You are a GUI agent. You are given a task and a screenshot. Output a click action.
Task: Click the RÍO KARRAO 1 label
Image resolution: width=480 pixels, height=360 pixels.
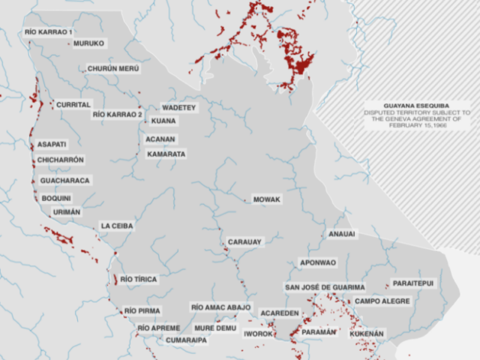(49, 32)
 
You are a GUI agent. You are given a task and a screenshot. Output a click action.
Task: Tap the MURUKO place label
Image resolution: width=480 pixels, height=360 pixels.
(88, 43)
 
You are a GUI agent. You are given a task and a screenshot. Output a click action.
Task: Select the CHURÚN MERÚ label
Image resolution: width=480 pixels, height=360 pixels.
(113, 68)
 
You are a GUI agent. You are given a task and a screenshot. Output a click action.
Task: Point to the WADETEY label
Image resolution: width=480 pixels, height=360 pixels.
(178, 108)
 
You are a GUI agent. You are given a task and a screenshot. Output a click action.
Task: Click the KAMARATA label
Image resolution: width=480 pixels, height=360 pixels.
(166, 154)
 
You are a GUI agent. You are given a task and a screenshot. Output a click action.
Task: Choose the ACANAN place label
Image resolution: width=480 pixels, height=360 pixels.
(160, 139)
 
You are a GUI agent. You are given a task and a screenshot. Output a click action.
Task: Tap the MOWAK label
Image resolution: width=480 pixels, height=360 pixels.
(266, 199)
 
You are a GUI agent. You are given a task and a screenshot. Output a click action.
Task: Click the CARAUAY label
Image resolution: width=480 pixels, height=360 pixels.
(244, 242)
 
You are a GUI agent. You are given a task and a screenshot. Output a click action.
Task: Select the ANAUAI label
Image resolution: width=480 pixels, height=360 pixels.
(342, 234)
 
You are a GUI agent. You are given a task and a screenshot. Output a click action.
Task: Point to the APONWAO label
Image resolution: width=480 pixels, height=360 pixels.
(318, 262)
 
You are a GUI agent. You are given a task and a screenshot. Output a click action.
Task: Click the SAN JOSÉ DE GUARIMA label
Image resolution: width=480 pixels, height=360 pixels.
(325, 287)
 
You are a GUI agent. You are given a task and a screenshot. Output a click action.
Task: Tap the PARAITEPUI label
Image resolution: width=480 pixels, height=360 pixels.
(412, 284)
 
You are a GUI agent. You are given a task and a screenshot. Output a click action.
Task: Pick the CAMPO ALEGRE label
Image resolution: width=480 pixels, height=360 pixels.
(382, 301)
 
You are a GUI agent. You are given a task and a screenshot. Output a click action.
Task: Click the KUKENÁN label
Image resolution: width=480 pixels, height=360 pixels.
(367, 332)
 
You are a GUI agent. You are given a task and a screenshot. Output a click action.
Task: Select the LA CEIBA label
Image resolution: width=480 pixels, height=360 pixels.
(116, 226)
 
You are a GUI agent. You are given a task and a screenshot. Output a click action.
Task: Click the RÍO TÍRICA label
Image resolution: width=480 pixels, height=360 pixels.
(139, 279)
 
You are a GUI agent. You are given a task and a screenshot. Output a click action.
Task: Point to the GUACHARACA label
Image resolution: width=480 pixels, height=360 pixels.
(65, 181)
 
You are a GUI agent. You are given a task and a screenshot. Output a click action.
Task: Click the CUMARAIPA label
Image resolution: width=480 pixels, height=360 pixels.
(186, 340)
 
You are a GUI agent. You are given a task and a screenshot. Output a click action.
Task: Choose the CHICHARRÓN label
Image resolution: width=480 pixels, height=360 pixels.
(61, 160)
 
